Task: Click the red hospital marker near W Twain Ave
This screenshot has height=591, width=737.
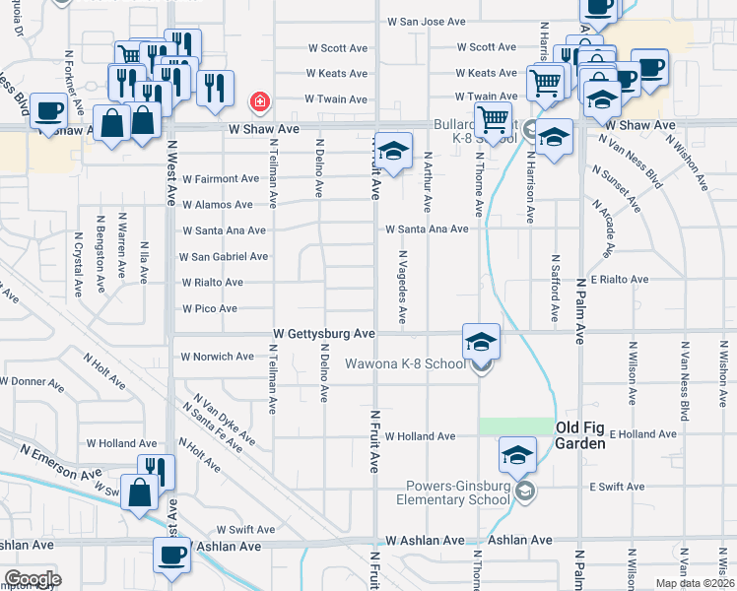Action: (259, 101)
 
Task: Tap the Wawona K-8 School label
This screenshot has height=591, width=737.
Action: (405, 364)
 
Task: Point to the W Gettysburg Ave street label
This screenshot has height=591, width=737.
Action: (324, 335)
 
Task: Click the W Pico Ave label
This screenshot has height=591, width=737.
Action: (209, 308)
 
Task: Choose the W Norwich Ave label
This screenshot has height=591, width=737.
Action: (218, 357)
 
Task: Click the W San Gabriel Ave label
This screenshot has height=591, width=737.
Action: (223, 256)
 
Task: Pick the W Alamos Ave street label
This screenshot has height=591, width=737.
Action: (217, 205)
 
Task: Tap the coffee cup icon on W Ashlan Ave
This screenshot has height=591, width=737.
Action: (171, 556)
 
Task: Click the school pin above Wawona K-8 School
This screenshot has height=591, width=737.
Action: (481, 342)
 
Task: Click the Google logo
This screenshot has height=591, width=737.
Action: (33, 579)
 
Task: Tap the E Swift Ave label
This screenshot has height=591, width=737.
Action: (617, 487)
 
